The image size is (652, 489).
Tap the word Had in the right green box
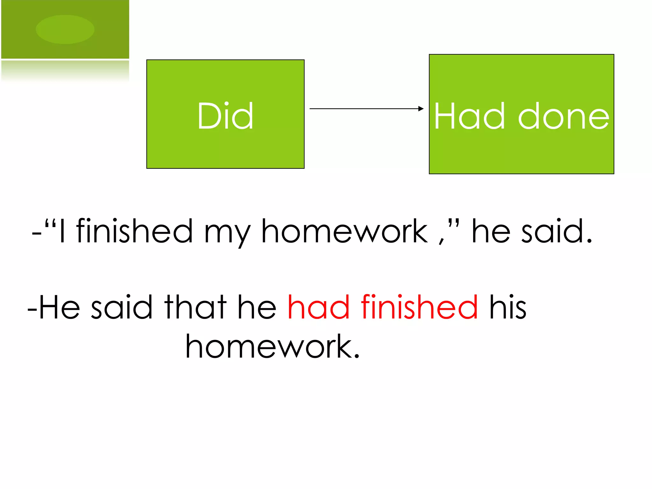click(x=470, y=116)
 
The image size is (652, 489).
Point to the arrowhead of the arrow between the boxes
click(x=421, y=109)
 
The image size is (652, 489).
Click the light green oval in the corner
click(x=65, y=29)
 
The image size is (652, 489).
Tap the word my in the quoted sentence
click(x=227, y=234)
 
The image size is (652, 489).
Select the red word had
click(x=318, y=307)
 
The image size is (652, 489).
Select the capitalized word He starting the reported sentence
click(x=59, y=307)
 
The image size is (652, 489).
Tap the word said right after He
click(x=122, y=307)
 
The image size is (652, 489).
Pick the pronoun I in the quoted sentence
click(x=62, y=231)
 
